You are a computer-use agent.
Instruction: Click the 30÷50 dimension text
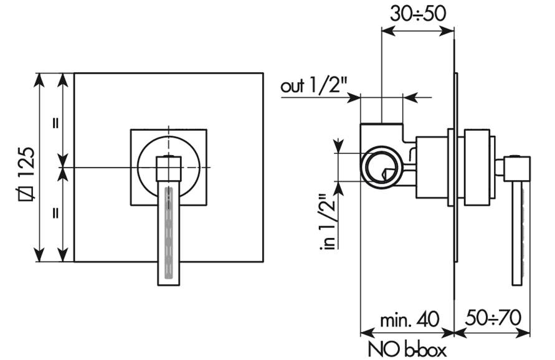click(418, 14)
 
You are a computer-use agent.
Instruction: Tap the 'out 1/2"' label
click(313, 86)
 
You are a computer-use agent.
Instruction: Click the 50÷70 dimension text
click(493, 318)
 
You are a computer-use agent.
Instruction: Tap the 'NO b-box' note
click(407, 349)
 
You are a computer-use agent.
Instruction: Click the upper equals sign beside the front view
click(55, 123)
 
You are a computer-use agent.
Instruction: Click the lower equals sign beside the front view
click(55, 213)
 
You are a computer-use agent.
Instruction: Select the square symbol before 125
click(27, 193)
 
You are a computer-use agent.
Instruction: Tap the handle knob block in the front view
click(169, 169)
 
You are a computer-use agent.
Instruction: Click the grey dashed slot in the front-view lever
click(169, 233)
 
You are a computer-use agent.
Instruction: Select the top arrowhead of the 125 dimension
click(39, 79)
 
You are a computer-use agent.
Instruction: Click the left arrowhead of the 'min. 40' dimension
click(367, 333)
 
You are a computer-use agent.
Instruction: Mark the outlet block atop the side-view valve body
click(382, 134)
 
